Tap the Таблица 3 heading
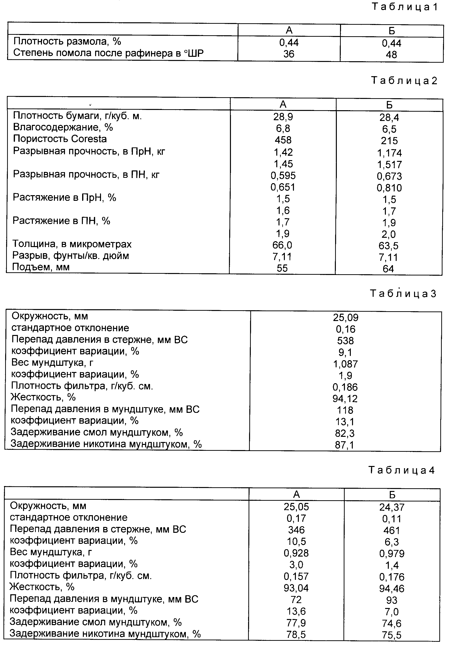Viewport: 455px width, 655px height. (403, 293)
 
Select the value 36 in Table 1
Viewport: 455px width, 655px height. (289, 54)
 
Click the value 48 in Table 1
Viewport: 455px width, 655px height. (392, 54)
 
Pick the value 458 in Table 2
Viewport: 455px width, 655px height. (283, 140)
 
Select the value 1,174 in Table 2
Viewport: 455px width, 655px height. (390, 153)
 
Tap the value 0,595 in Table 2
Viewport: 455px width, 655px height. (283, 175)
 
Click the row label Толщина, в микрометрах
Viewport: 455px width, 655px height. (72, 244)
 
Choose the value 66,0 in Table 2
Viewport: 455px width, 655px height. (282, 245)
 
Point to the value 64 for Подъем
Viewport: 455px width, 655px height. (388, 269)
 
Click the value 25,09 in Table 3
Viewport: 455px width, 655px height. (345, 318)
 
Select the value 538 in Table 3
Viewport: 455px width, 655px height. (345, 341)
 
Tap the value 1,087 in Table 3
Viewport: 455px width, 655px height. (345, 364)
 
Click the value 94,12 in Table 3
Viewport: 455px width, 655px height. (345, 399)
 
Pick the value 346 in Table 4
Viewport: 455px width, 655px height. (296, 530)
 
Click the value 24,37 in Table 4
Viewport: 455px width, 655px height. (392, 507)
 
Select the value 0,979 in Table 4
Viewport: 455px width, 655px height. (392, 553)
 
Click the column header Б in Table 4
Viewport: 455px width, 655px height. (392, 495)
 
